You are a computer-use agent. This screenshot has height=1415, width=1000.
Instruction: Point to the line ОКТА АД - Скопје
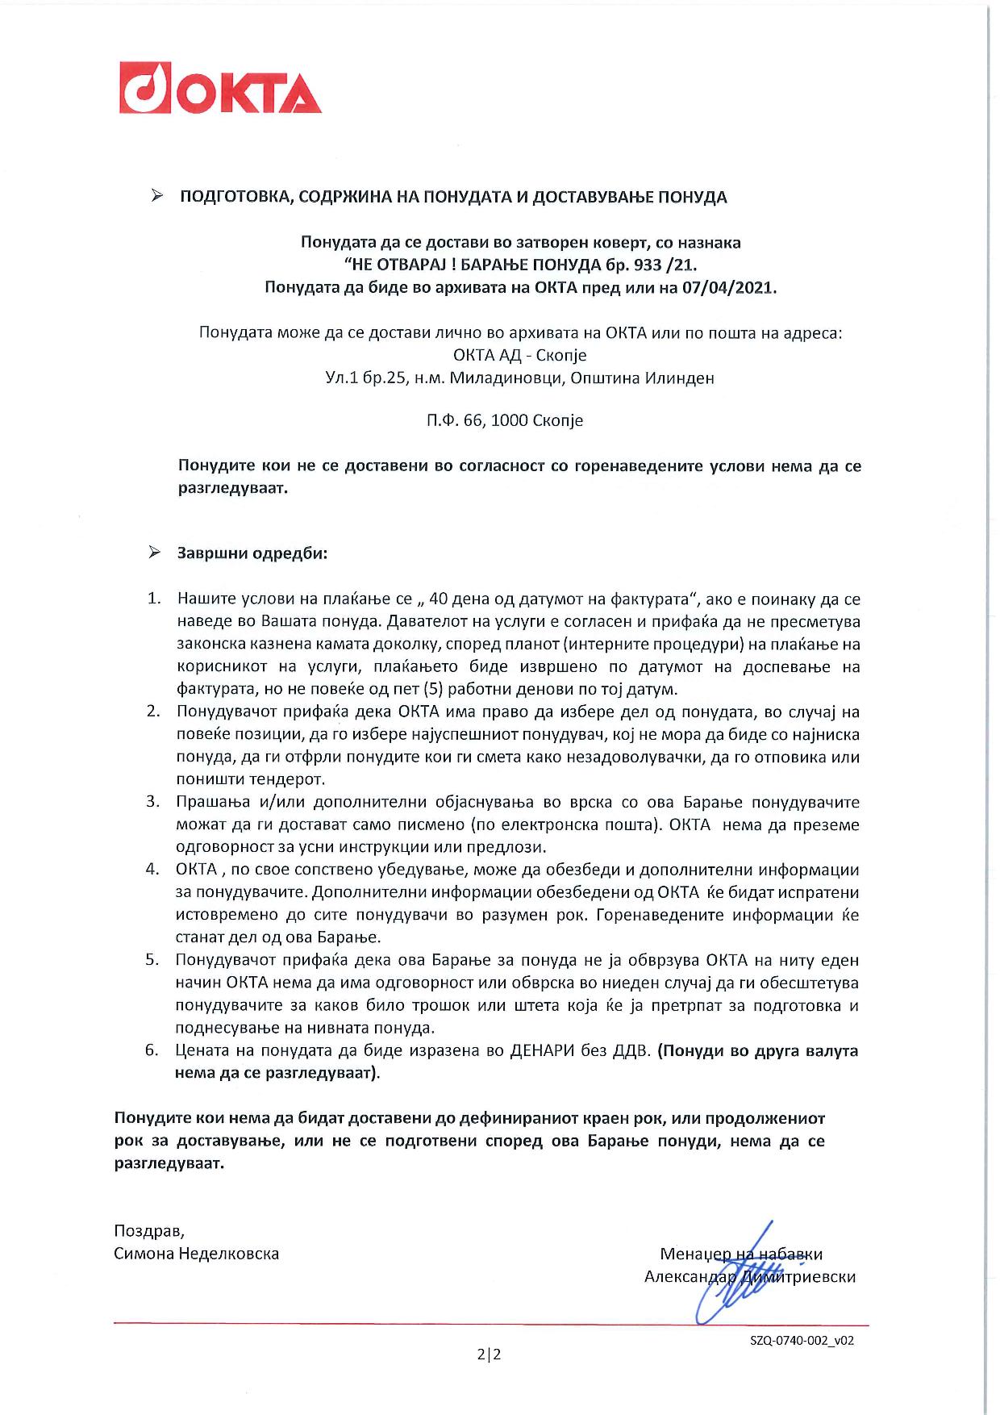pyautogui.click(x=520, y=355)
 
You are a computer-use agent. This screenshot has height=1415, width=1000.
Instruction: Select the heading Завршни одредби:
pyautogui.click(x=252, y=554)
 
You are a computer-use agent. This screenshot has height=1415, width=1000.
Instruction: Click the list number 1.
pyautogui.click(x=153, y=599)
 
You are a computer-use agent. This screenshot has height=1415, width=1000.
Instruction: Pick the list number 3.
pyautogui.click(x=152, y=802)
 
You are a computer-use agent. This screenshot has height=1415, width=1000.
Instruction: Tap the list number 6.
pyautogui.click(x=152, y=1050)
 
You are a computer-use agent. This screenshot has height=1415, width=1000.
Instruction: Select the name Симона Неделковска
pyautogui.click(x=196, y=1254)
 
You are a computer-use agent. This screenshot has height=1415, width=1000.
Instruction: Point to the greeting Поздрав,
pyautogui.click(x=149, y=1231)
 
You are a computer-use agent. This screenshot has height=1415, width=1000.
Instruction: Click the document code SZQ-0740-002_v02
pyautogui.click(x=802, y=1340)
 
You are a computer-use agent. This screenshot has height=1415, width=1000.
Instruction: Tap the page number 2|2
pyautogui.click(x=489, y=1354)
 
